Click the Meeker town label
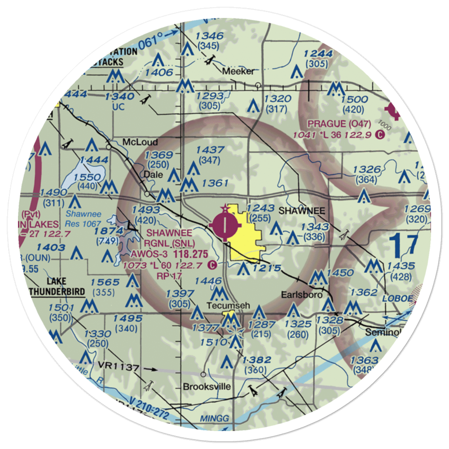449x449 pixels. [x=240, y=71]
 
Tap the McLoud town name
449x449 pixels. [x=140, y=142]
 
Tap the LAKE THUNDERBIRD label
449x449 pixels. [x=57, y=286]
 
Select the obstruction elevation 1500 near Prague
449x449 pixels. [x=355, y=100]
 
